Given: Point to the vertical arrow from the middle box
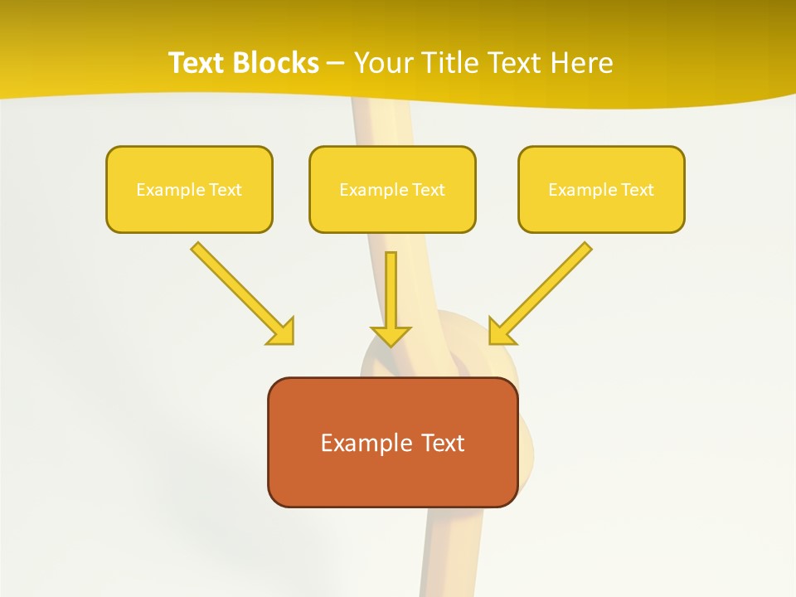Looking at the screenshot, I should (391, 290).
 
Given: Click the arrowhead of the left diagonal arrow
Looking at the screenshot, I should (282, 332).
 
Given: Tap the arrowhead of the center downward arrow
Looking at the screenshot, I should (391, 335).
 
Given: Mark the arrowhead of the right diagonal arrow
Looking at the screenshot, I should (501, 332).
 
